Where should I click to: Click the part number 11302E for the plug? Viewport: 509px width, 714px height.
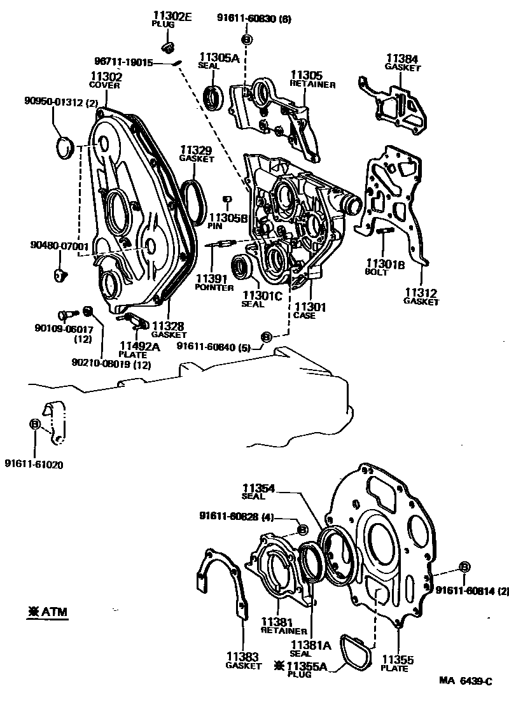(x=172, y=17)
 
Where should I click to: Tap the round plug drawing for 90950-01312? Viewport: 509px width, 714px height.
(x=64, y=148)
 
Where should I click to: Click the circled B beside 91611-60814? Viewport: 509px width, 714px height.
(x=464, y=567)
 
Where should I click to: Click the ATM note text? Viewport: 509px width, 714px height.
(x=48, y=612)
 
